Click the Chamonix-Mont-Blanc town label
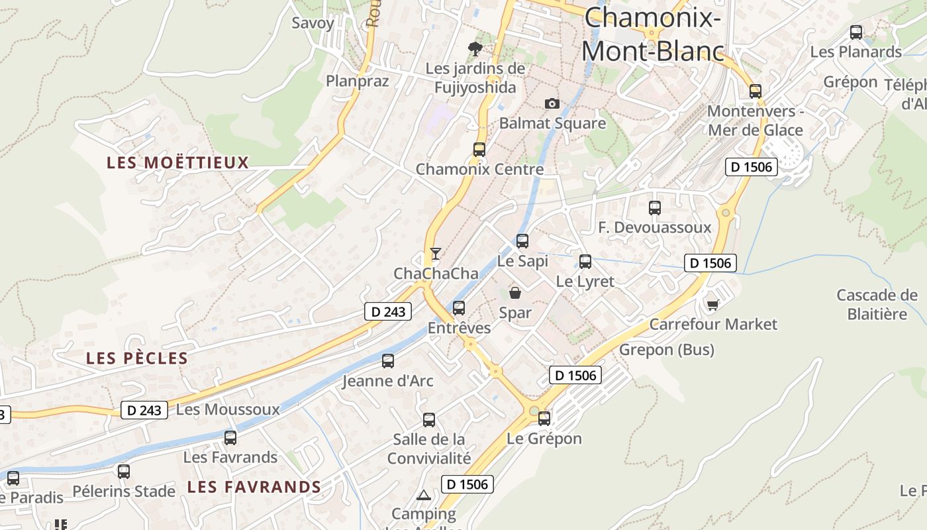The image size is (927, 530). click(652, 34)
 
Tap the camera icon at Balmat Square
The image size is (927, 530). click(552, 103)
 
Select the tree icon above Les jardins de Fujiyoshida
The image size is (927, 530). click(475, 48)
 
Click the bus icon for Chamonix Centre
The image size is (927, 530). click(479, 150)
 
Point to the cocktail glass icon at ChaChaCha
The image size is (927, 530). click(435, 253)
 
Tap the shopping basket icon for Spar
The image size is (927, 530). click(515, 292)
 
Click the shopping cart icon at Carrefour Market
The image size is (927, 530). click(712, 304)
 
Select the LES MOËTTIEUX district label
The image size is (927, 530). click(177, 162)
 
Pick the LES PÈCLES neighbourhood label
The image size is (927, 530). click(137, 358)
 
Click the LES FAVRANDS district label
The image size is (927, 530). click(254, 487)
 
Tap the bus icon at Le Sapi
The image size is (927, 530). click(522, 241)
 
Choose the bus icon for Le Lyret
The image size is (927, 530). click(585, 262)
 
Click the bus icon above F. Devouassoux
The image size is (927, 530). click(655, 208)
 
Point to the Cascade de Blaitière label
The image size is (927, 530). click(877, 304)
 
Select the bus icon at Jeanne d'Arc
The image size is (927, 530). click(388, 361)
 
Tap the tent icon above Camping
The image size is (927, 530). click(423, 495)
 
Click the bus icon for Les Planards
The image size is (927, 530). click(856, 32)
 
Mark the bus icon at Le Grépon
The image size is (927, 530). click(544, 418)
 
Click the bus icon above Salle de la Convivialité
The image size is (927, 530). click(429, 419)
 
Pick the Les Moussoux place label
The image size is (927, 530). click(228, 409)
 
